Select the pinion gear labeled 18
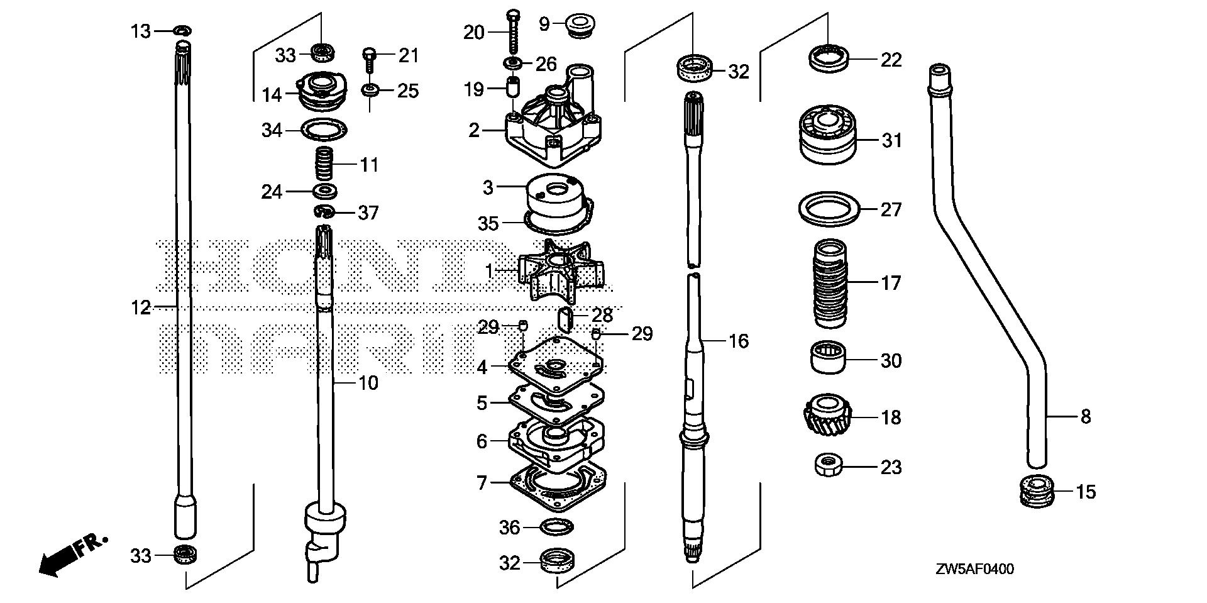click(824, 416)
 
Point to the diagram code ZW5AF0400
click(974, 570)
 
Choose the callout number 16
click(739, 341)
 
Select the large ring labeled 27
click(829, 209)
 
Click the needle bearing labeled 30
click(827, 358)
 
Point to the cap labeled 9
click(581, 26)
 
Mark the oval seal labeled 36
click(556, 526)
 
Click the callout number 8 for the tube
click(1086, 416)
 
